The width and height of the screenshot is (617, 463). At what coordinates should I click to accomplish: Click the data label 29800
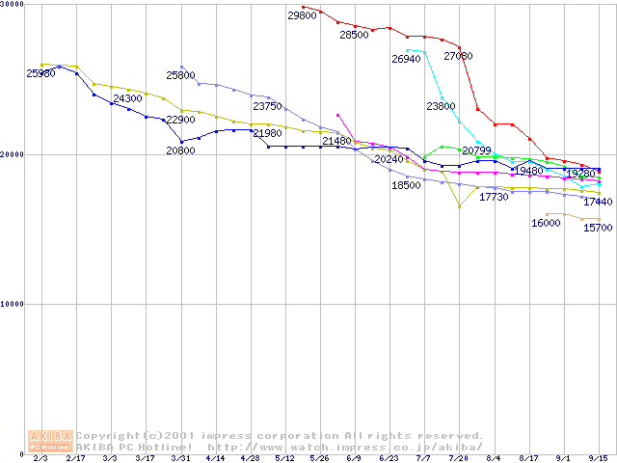302,15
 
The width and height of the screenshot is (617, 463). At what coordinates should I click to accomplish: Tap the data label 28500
354,35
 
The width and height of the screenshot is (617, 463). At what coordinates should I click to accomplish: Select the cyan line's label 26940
406,59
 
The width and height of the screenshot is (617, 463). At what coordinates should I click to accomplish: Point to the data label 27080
458,56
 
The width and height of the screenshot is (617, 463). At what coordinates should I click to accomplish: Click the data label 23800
441,106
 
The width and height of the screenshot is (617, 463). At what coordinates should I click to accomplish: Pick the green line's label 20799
476,150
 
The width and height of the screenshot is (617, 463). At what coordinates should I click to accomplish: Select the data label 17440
598,202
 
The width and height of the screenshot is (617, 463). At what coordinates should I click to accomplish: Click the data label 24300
127,98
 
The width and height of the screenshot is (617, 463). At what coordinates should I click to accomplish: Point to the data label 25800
180,74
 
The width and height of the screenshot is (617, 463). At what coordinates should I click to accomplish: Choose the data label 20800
180,150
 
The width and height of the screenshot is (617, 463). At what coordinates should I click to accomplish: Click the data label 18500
406,185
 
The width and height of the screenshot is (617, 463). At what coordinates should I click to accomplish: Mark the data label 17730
494,197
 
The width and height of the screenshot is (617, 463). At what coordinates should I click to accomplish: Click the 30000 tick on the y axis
14,6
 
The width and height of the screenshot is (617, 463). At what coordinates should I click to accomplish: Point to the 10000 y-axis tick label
14,304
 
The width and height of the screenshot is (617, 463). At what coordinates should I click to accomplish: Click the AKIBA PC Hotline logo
50,441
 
